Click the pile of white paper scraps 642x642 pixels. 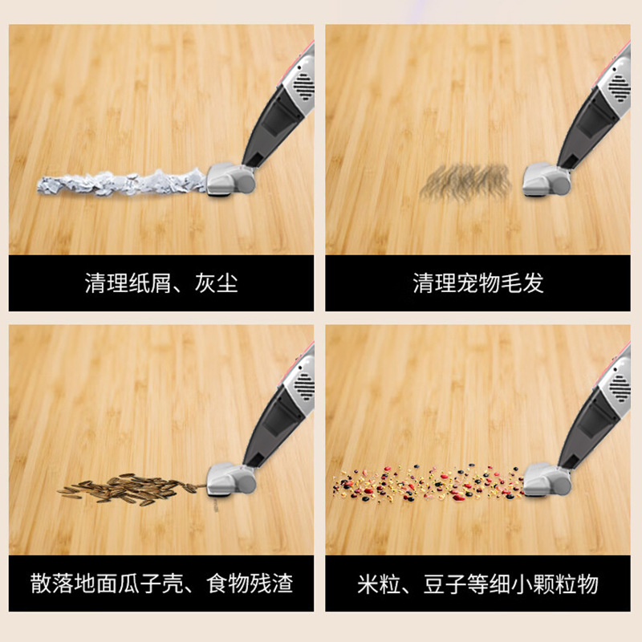point(122,183)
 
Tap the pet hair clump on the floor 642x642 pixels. point(466,181)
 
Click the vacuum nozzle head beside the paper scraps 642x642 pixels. point(230,179)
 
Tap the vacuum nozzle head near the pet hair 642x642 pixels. point(547,179)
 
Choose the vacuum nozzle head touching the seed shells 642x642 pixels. point(231,479)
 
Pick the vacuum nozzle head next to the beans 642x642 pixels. point(547,479)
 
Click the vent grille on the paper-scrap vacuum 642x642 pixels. point(303,87)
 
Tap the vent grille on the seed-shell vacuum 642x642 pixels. point(304,387)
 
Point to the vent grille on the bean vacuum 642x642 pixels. point(620,388)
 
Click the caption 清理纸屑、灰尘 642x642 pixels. point(161,283)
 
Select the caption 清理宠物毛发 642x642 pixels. point(477,283)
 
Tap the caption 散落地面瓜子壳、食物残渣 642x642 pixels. point(161,583)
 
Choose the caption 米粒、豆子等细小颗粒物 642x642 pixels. point(477,583)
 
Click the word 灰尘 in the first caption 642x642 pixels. point(216,283)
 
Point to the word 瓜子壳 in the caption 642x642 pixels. point(151,583)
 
